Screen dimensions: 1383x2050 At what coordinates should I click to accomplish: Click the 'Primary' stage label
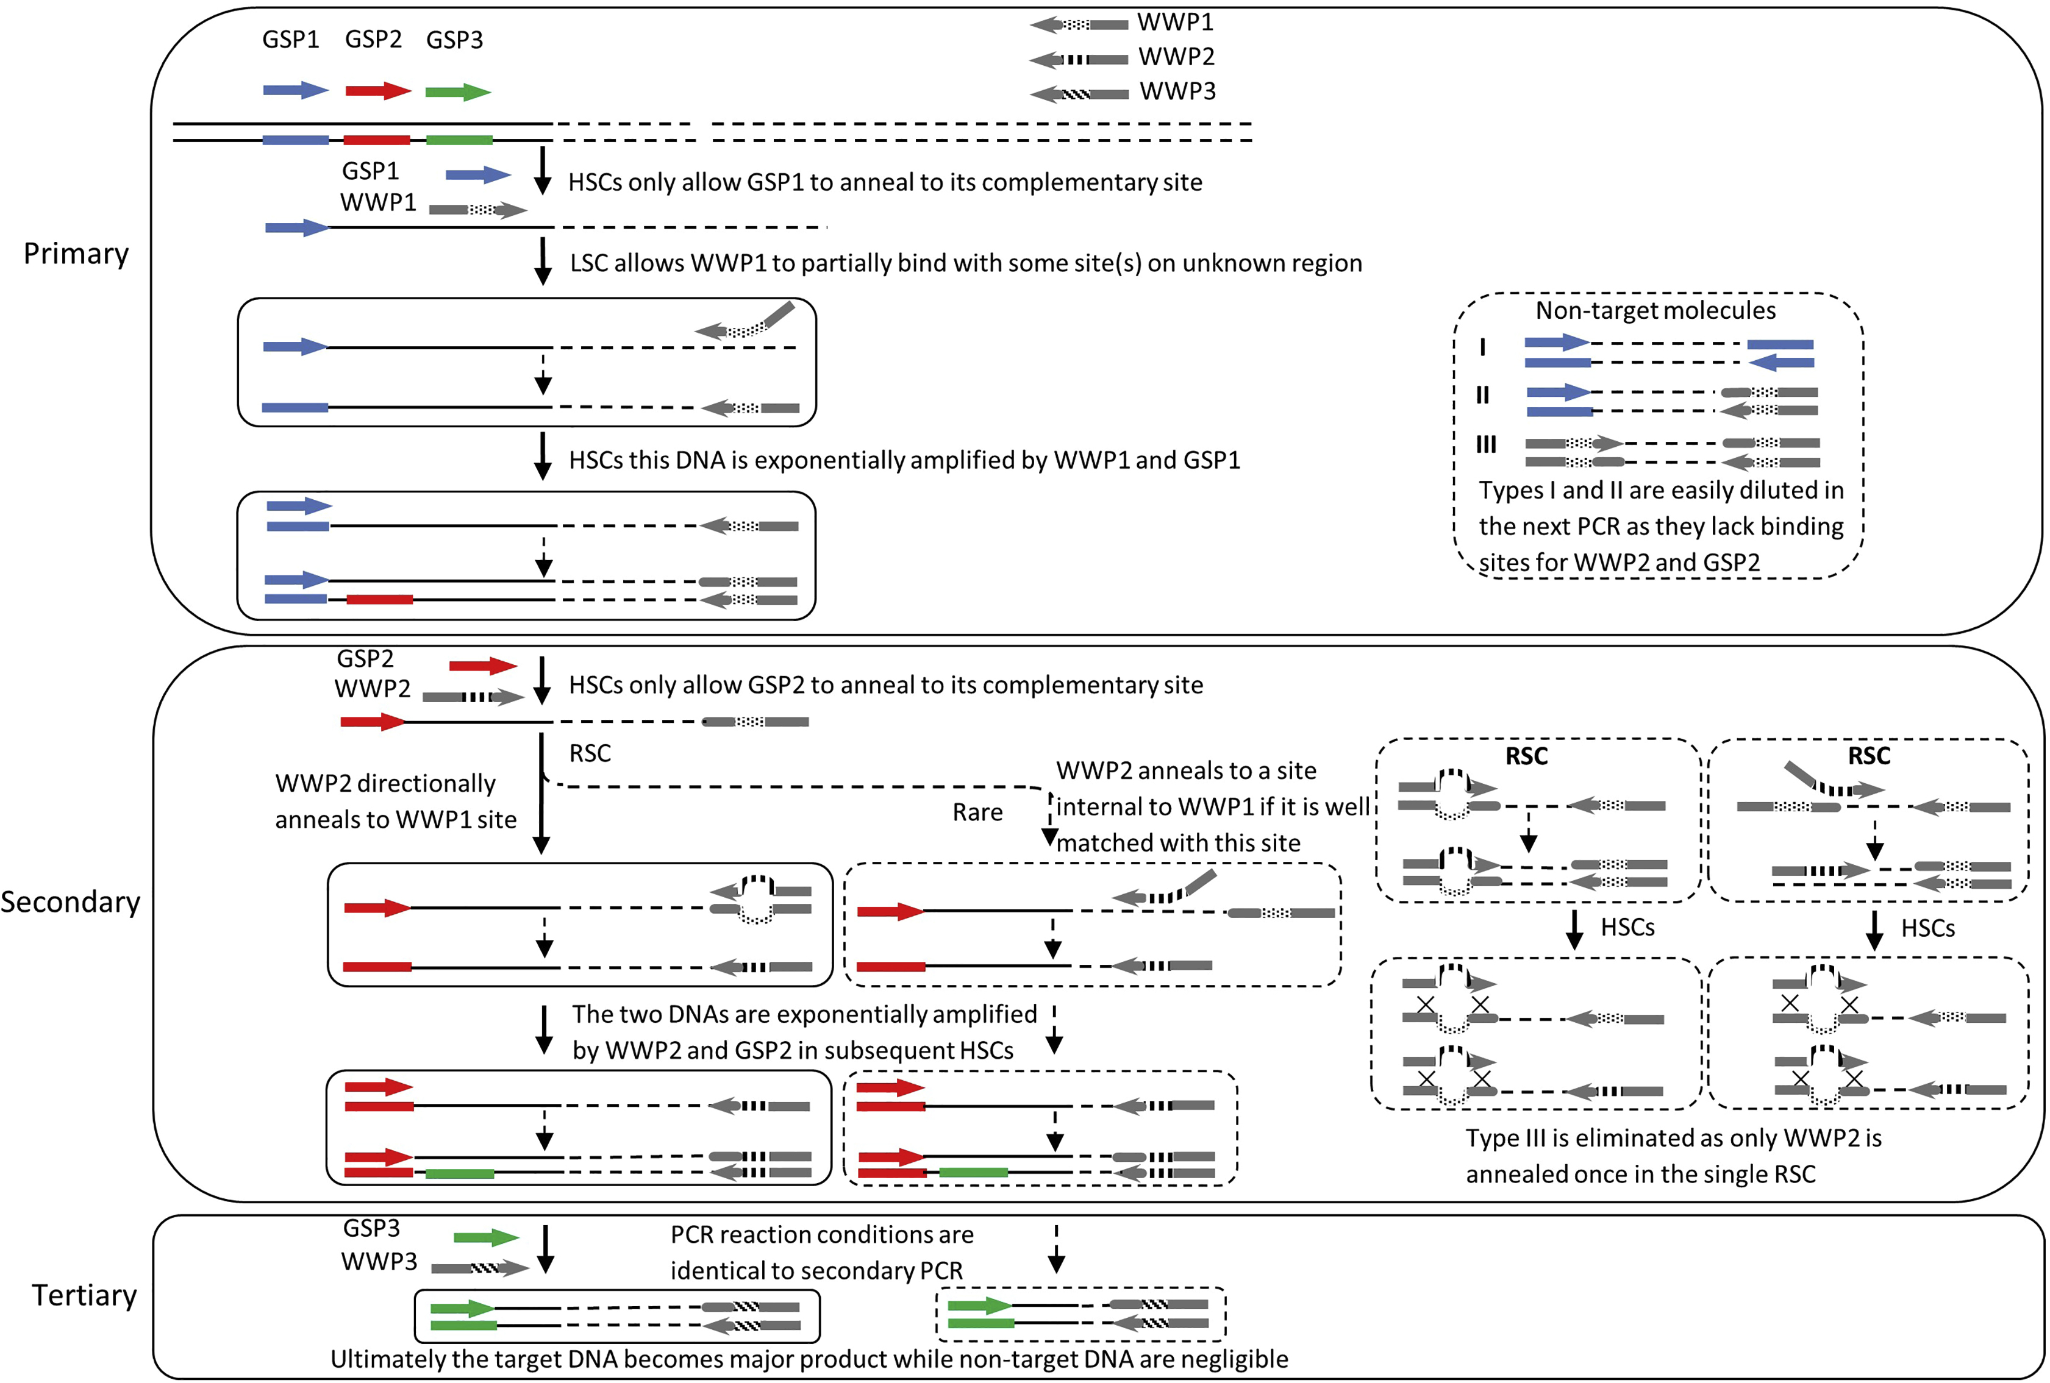coord(76,254)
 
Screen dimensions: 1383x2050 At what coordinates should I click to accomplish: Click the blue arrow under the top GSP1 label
coord(296,90)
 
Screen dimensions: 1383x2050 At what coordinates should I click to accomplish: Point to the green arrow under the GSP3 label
coord(457,91)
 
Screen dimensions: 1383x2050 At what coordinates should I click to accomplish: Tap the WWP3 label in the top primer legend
coord(1177,91)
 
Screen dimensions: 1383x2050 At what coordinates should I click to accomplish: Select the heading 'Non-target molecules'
coord(1655,310)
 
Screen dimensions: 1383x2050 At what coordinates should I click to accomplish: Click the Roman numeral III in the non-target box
coord(1487,444)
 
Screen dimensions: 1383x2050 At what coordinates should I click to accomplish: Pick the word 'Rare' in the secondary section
coord(977,812)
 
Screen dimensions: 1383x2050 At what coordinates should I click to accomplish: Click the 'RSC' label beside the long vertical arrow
coord(589,753)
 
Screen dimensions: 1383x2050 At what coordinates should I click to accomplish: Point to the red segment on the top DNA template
coord(377,140)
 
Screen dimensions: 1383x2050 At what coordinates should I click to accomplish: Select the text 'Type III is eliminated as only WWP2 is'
coord(1673,1139)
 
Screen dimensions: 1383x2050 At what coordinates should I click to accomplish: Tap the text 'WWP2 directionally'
coord(385,784)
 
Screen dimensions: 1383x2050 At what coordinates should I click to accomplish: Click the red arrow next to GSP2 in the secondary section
coord(482,666)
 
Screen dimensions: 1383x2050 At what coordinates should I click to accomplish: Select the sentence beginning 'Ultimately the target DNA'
coord(809,1359)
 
